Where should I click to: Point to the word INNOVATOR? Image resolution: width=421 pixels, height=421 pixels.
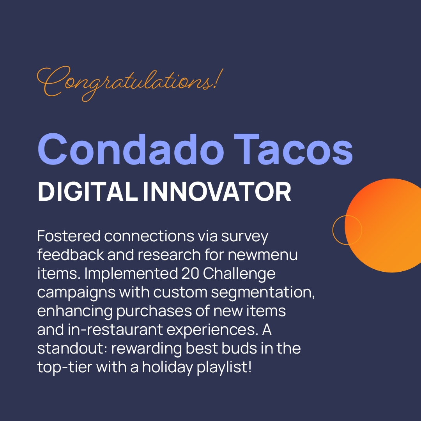click(217, 192)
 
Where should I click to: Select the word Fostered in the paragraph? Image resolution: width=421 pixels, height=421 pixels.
click(69, 236)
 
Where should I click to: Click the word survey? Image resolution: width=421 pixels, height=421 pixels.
click(245, 236)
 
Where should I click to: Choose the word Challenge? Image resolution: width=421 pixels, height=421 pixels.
click(239, 274)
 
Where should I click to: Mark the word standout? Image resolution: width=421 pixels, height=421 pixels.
click(72, 348)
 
